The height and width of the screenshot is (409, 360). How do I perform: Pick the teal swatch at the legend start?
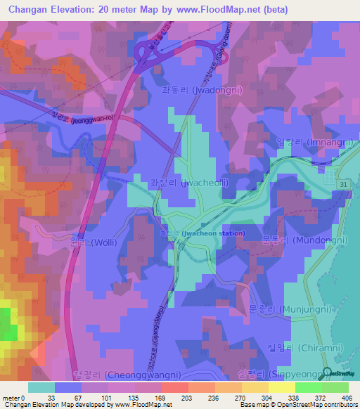point(41,387)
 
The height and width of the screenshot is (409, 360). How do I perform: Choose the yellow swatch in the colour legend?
point(282,387)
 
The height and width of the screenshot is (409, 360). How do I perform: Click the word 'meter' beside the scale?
point(10,397)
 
